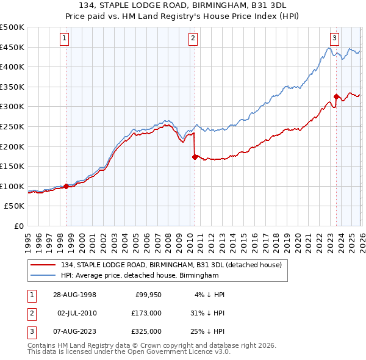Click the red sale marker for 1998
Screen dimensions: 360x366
[66, 186]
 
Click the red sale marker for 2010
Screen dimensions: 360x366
[195, 157]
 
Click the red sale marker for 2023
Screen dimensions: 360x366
[336, 96]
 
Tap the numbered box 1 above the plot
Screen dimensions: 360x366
[65, 38]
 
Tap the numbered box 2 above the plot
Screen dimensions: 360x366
[193, 38]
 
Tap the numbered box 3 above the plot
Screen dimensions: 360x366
[334, 38]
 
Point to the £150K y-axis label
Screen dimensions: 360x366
[12, 166]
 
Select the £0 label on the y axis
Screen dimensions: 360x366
[18, 226]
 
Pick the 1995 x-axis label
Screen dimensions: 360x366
[28, 239]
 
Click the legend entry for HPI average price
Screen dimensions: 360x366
[139, 276]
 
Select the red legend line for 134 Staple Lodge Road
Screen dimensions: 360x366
[43, 265]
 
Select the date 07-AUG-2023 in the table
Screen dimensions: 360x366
[73, 331]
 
